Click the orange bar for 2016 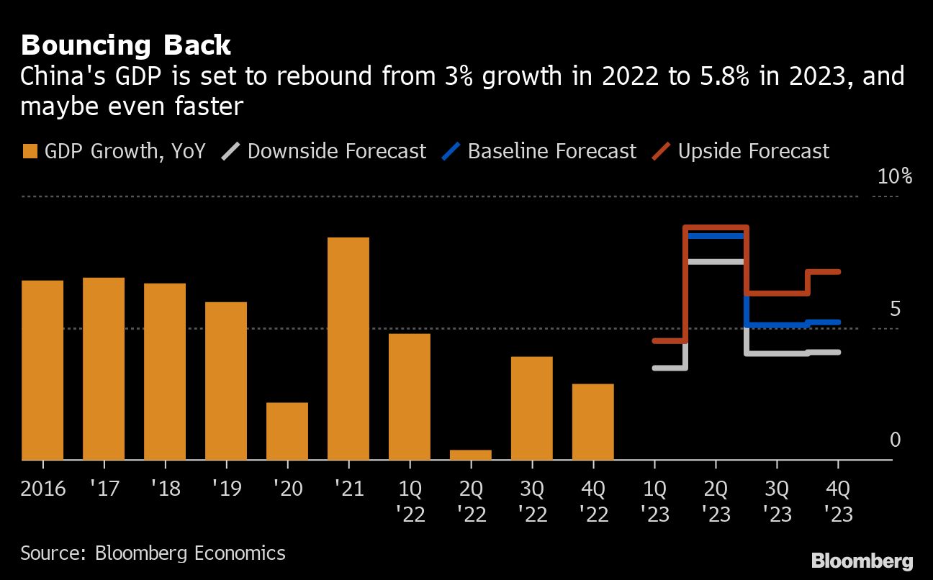[x=42, y=370]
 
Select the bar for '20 [x=287, y=431]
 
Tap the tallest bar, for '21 [x=348, y=348]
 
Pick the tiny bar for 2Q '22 [x=471, y=455]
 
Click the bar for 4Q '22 [x=593, y=422]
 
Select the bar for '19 [x=226, y=381]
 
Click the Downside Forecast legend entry [x=336, y=151]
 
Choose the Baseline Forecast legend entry [x=551, y=151]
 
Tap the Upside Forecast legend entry [x=753, y=151]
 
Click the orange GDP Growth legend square [x=30, y=151]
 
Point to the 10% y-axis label [x=895, y=176]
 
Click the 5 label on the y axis [x=895, y=309]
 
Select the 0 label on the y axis [x=895, y=440]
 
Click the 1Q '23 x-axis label [x=654, y=502]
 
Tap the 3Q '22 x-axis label [x=532, y=502]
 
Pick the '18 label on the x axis [x=165, y=490]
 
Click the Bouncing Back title [x=126, y=45]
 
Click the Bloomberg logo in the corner [x=862, y=561]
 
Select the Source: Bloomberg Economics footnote [x=153, y=553]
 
